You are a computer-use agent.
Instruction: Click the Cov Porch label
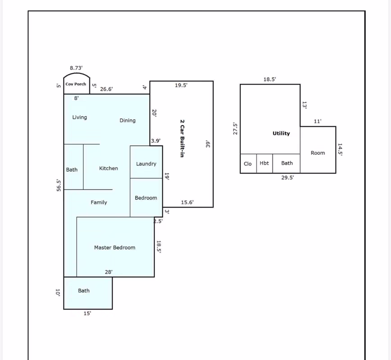(x=76, y=84)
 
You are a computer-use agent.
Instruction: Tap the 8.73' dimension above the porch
(x=76, y=68)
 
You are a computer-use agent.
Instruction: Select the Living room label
(x=80, y=117)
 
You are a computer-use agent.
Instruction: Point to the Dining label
(x=127, y=120)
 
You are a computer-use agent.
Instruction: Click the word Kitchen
(x=109, y=168)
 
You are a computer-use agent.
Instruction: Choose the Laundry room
(x=146, y=162)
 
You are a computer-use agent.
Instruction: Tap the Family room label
(x=99, y=202)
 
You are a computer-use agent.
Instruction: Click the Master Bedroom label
(x=115, y=247)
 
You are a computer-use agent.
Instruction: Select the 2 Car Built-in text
(x=182, y=138)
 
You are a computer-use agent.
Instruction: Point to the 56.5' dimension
(x=59, y=185)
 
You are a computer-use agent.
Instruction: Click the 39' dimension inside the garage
(x=208, y=144)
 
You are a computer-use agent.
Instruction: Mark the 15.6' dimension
(x=187, y=202)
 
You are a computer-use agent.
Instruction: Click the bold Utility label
(x=281, y=133)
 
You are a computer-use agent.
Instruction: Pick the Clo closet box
(x=248, y=163)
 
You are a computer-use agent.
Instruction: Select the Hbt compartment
(x=264, y=163)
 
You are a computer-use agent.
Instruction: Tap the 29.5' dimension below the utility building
(x=287, y=178)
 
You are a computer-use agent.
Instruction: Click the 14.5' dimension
(x=340, y=149)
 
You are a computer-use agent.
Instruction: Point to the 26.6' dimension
(x=106, y=89)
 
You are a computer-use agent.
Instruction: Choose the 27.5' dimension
(x=235, y=129)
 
